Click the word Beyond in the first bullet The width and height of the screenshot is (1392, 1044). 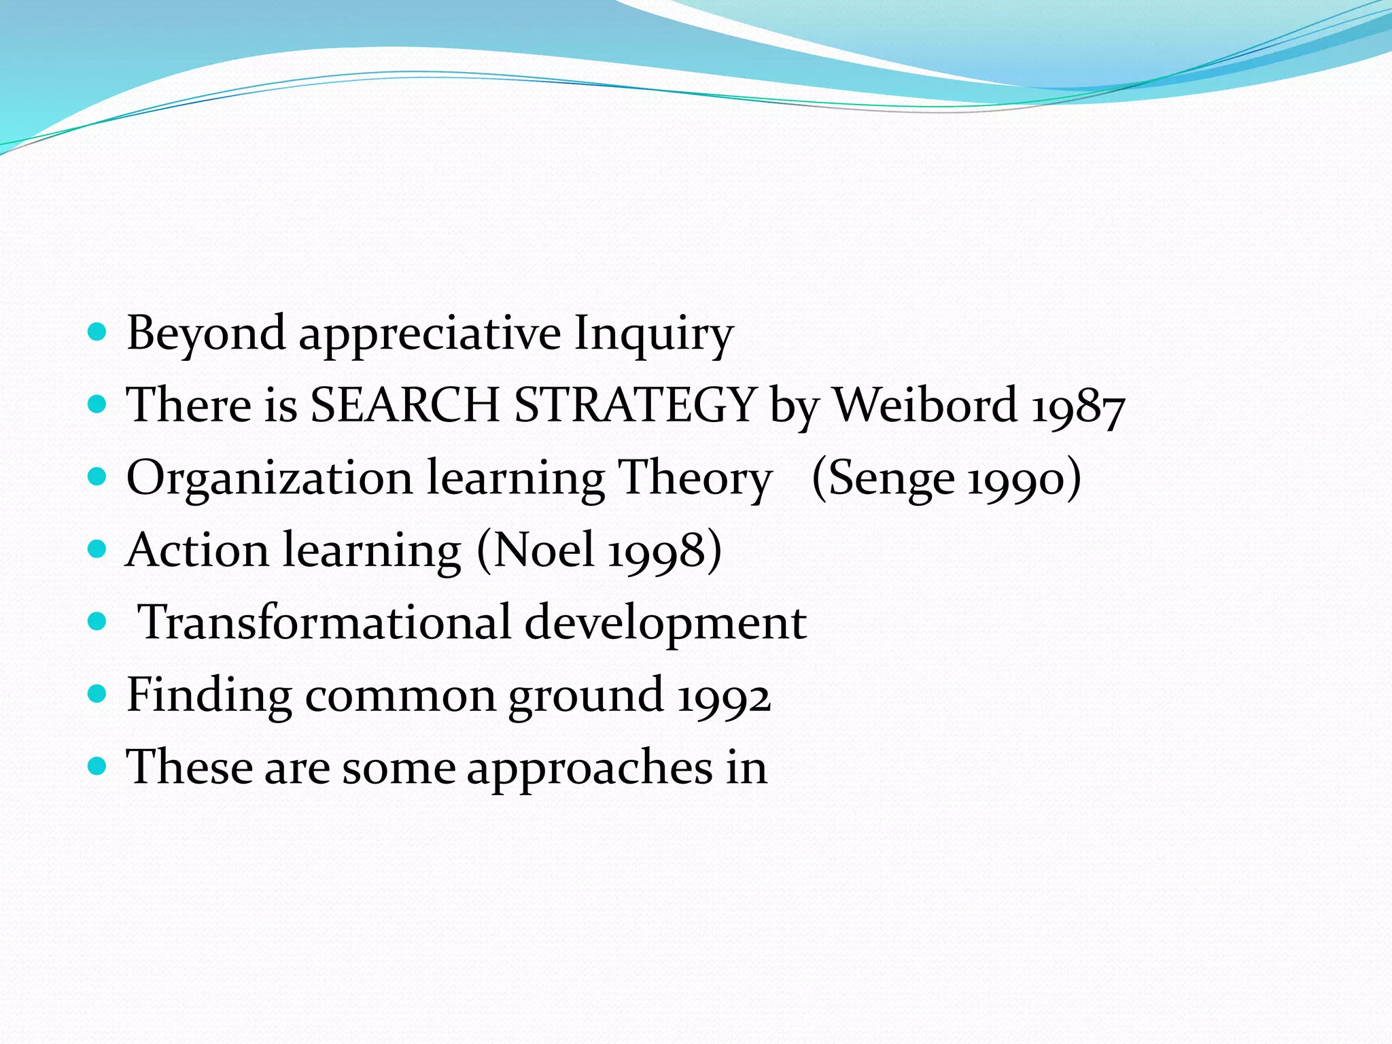pyautogui.click(x=206, y=333)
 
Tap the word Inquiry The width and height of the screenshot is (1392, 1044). pyautogui.click(x=653, y=333)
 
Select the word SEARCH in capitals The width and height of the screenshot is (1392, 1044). pyautogui.click(x=405, y=405)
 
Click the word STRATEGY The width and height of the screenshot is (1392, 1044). pyautogui.click(x=635, y=405)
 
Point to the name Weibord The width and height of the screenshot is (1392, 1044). pyautogui.click(x=925, y=405)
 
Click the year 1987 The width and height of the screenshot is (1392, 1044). pyautogui.click(x=1078, y=408)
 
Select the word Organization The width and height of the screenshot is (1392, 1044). pyautogui.click(x=269, y=477)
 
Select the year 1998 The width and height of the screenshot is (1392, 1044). pyautogui.click(x=657, y=552)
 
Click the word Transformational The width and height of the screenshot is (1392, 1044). pyautogui.click(x=324, y=622)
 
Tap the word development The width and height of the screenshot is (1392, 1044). pyautogui.click(x=665, y=623)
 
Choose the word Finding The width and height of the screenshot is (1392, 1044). pyautogui.click(x=209, y=695)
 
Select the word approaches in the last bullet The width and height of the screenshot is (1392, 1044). pyautogui.click(x=589, y=768)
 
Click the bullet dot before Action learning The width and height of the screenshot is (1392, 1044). pyautogui.click(x=98, y=548)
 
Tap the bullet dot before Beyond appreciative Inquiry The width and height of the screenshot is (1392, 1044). pyautogui.click(x=98, y=332)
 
